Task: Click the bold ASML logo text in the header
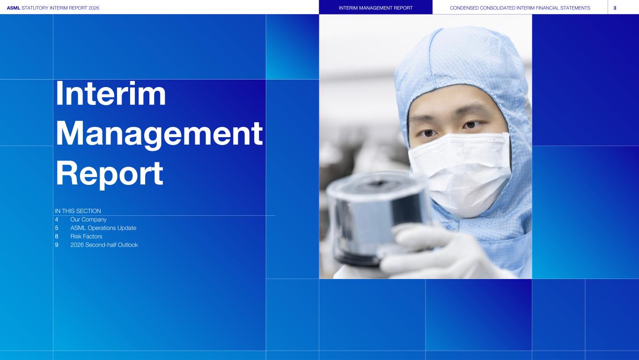coord(14,8)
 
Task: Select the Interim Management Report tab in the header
coord(375,8)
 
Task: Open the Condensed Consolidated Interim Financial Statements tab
coord(520,8)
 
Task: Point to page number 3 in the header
coord(615,8)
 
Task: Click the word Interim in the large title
coord(110,94)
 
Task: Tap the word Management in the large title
coord(159,134)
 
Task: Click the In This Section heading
coord(78,211)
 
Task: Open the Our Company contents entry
coord(88,220)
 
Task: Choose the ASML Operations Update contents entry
coord(103,228)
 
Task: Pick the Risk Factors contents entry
coord(86,236)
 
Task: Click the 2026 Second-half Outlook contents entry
coord(104,245)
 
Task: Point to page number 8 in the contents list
coord(57,236)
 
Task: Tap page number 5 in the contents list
coord(57,228)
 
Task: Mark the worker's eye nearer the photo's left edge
coord(428,133)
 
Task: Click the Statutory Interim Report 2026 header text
coord(60,8)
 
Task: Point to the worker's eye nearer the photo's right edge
coord(471,125)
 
